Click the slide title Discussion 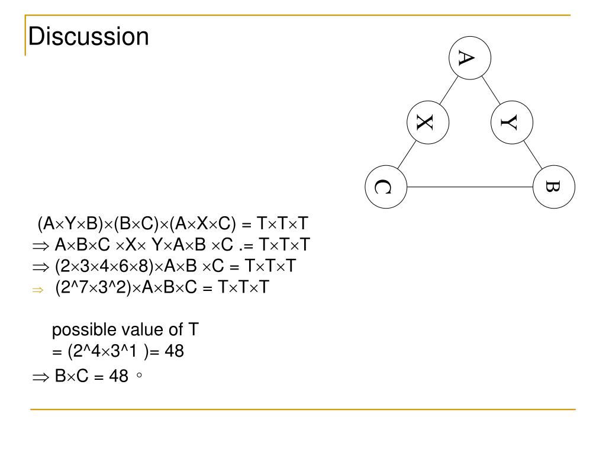tap(89, 37)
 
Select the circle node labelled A tap(470, 57)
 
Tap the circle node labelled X tap(428, 123)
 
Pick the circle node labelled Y tap(512, 123)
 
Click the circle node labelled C tap(386, 187)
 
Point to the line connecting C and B tap(470, 187)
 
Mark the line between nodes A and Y tap(491, 89)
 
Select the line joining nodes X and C tap(407, 155)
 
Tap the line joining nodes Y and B tap(533, 155)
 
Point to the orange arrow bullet tap(38, 290)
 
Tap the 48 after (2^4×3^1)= tap(175, 351)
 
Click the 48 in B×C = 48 tap(118, 376)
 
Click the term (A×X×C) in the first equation tap(202, 225)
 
